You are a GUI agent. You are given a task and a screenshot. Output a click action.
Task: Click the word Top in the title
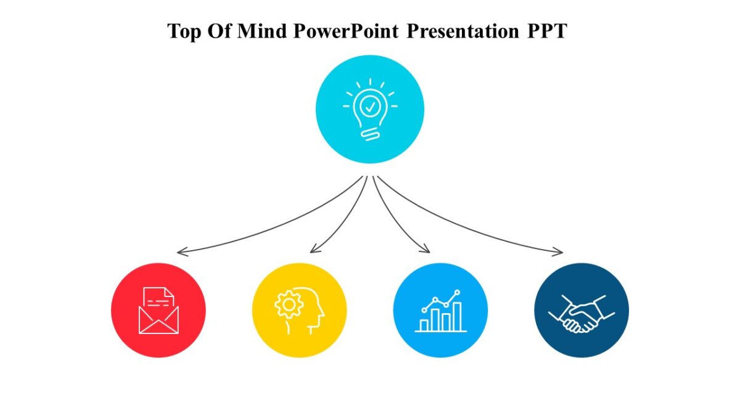(x=184, y=31)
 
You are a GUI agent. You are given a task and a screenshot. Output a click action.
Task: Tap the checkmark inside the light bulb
(x=370, y=106)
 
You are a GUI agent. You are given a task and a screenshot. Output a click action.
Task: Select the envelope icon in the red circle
(x=158, y=311)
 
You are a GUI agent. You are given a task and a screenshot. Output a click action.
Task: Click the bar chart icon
(x=440, y=311)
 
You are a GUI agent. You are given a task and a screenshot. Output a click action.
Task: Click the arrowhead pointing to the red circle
(x=179, y=252)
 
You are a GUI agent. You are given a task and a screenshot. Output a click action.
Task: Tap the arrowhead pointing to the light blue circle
(x=426, y=250)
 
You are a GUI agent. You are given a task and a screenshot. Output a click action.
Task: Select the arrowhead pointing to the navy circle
(x=559, y=251)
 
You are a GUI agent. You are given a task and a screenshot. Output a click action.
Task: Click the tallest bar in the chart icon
(x=457, y=316)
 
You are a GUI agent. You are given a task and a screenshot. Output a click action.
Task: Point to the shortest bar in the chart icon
(x=424, y=324)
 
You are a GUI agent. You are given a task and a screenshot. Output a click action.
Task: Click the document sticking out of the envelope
(x=158, y=298)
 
